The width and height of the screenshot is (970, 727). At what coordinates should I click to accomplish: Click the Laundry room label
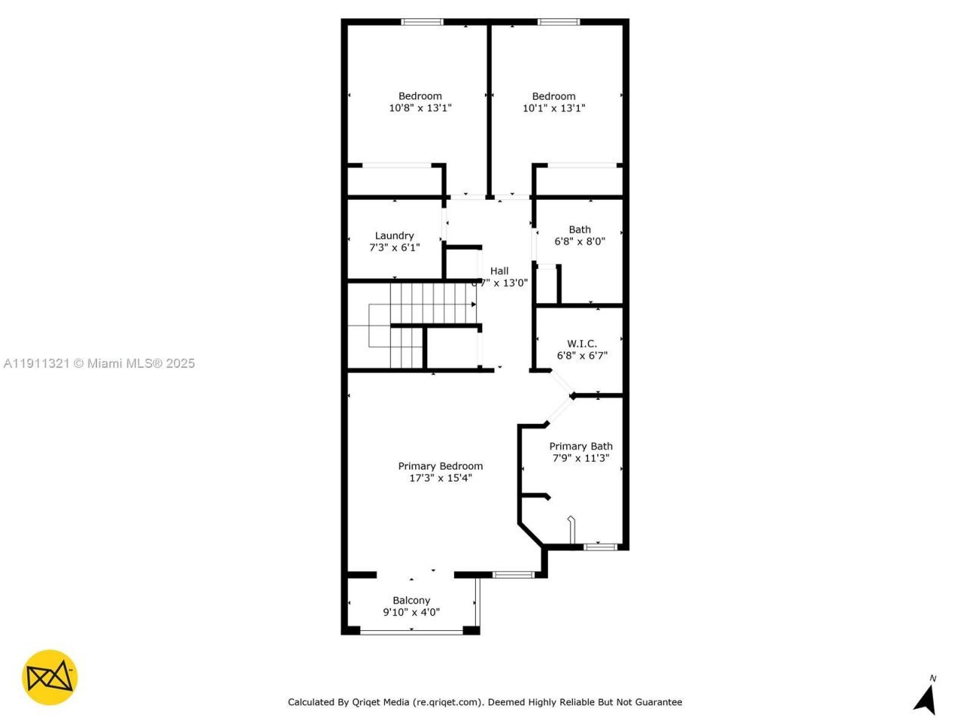394,236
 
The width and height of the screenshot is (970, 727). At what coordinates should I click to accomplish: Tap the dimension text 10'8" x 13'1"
420,108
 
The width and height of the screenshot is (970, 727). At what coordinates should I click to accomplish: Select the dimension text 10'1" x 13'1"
553,108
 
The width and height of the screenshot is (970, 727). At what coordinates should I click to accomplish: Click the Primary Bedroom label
440,466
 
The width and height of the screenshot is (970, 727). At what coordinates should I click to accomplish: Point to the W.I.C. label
581,343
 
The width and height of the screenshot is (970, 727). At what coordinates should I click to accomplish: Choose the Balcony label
411,601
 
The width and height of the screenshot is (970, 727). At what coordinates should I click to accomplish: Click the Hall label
499,270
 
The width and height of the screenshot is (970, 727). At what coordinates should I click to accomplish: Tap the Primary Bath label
580,446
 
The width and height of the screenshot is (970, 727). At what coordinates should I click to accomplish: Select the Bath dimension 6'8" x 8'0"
580,242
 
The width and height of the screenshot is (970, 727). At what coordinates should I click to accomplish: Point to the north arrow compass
925,697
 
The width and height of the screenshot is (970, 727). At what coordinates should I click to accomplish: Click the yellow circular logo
49,677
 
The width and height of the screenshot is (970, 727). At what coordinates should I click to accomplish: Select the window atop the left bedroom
422,22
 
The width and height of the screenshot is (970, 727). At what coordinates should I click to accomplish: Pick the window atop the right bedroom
559,22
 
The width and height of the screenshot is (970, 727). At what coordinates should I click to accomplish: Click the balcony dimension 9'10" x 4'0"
411,613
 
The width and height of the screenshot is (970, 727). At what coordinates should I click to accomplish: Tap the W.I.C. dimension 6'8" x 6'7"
581,355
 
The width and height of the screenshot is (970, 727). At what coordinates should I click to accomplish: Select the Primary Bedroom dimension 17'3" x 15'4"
440,478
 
